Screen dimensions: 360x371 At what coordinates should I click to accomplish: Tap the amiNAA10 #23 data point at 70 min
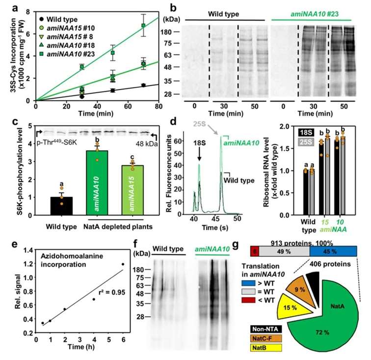[143, 25]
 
